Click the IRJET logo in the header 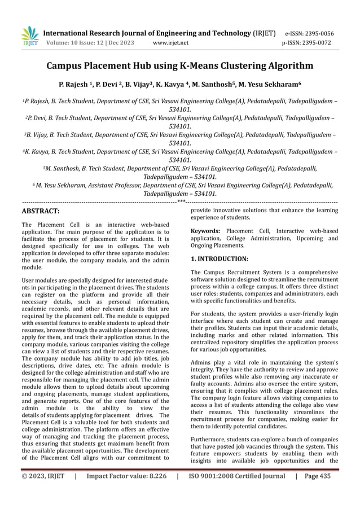click(x=29, y=37)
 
